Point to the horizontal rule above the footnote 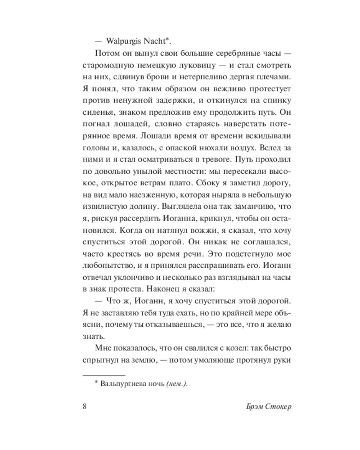point(104,375)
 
